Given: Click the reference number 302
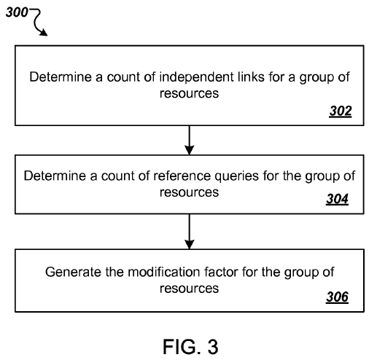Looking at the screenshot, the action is click(341, 111).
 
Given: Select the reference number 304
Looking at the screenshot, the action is click(337, 199).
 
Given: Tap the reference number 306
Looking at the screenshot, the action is click(337, 297).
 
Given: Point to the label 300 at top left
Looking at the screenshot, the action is click(17, 12).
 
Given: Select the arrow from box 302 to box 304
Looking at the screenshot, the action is click(190, 140).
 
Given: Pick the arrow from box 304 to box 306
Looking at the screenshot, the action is click(190, 232).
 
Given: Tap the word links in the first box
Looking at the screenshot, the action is click(251, 77).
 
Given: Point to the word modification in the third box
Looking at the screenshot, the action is click(163, 272).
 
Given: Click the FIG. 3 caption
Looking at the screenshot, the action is click(190, 347).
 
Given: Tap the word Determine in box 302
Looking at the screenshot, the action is click(61, 77).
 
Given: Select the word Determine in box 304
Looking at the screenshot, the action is click(55, 176).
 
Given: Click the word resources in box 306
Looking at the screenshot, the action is click(189, 289).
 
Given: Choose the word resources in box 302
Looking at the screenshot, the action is click(189, 94).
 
